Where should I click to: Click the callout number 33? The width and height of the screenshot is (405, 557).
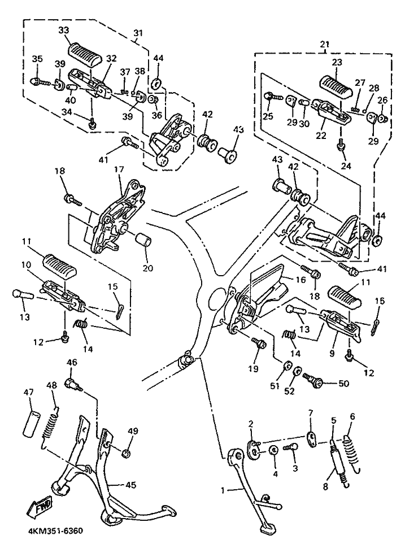click(x=64, y=29)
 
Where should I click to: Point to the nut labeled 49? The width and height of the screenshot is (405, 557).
click(x=127, y=452)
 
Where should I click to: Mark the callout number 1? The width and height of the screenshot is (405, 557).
click(x=223, y=491)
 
